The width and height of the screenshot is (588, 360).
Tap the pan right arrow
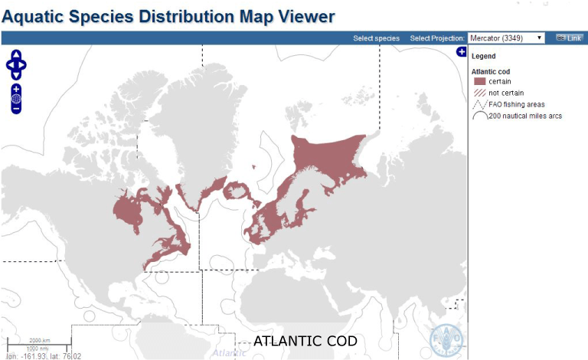click(x=24, y=65)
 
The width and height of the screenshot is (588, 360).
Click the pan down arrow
click(x=16, y=74)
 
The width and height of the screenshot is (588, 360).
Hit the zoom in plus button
click(x=16, y=90)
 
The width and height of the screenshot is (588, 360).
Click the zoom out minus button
click(x=16, y=110)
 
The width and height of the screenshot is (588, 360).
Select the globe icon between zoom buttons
click(x=16, y=100)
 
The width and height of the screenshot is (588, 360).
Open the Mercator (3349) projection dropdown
click(x=506, y=38)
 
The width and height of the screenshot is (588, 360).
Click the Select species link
click(x=377, y=38)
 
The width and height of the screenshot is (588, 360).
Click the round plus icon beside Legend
click(x=462, y=52)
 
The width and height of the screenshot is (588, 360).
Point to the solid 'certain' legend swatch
click(x=480, y=81)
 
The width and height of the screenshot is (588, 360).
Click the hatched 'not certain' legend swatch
click(x=480, y=93)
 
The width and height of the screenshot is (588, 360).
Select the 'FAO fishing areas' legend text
click(x=517, y=104)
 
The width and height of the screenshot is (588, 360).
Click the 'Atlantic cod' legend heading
click(x=491, y=71)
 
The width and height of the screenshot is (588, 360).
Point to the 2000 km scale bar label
click(x=40, y=340)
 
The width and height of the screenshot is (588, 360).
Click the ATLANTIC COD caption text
click(x=305, y=341)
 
